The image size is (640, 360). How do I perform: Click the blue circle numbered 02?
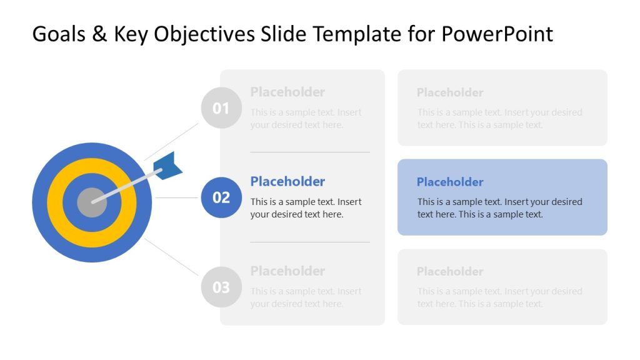tap(221, 197)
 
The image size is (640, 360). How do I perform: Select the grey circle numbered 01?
tap(221, 108)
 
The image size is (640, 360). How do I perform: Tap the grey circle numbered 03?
tap(221, 287)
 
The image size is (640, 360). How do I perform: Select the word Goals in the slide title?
tap(58, 34)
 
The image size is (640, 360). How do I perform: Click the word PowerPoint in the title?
tap(497, 34)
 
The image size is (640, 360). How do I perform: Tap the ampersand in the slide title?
tap(99, 34)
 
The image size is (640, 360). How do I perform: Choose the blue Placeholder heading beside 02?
tap(287, 181)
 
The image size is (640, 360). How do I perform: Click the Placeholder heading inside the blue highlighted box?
tap(450, 182)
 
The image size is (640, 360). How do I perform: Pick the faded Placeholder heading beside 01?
tap(287, 92)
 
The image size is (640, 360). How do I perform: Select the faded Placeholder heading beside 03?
tap(287, 271)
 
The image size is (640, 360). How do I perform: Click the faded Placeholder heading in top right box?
tap(450, 92)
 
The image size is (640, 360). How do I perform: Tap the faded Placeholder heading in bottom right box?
tap(450, 271)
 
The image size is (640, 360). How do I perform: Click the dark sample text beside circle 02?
tap(306, 208)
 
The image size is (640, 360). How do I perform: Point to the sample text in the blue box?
tap(499, 208)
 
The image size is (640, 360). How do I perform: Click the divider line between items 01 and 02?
tap(309, 152)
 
